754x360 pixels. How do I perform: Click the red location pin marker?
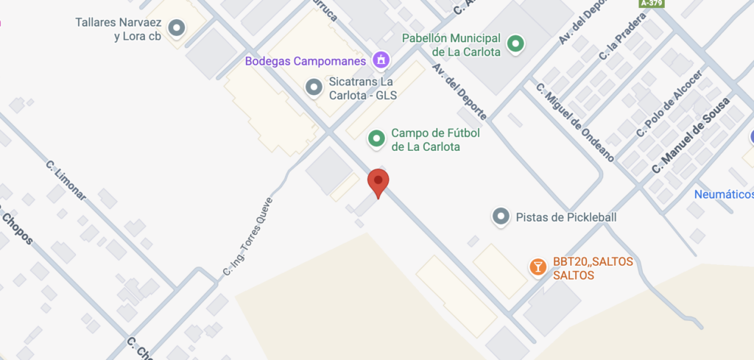pyautogui.click(x=378, y=183)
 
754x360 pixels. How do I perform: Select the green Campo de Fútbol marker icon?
pyautogui.click(x=377, y=138)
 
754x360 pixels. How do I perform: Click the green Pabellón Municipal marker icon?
pyautogui.click(x=516, y=43)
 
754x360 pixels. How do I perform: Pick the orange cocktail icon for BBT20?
pyautogui.click(x=538, y=267)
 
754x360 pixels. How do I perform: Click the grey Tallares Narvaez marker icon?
pyautogui.click(x=176, y=29)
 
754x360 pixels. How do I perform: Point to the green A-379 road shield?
pyautogui.click(x=652, y=4)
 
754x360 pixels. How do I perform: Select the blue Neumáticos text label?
pyautogui.click(x=724, y=194)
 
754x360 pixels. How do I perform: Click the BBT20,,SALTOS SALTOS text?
pyautogui.click(x=588, y=269)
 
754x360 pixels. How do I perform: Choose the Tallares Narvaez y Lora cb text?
pyautogui.click(x=119, y=29)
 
